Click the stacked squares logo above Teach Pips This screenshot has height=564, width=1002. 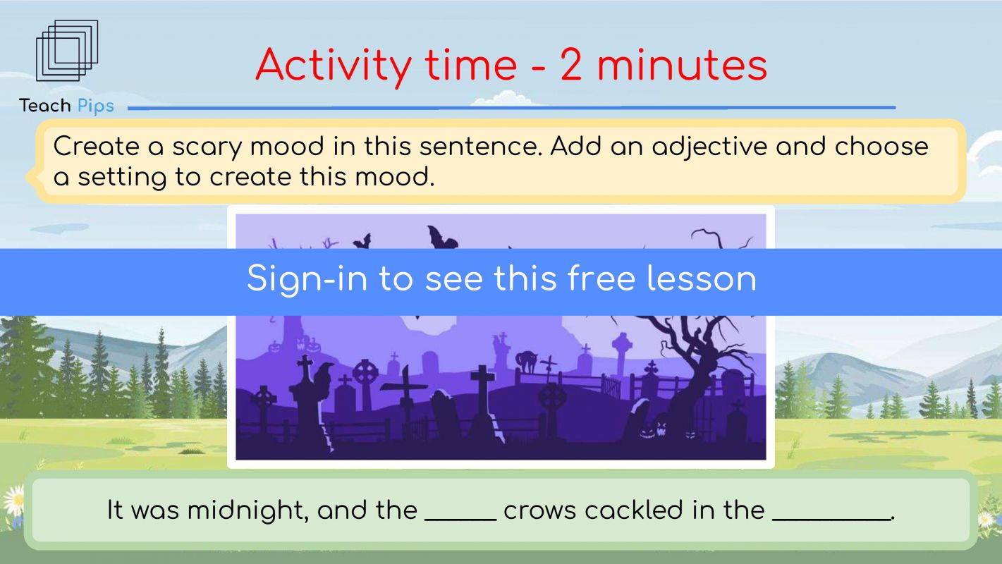tap(67, 51)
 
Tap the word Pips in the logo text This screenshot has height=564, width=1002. tap(96, 106)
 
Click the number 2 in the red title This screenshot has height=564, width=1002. tap(571, 66)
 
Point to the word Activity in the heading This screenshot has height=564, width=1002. tap(334, 66)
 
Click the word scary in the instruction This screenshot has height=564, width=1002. tap(207, 147)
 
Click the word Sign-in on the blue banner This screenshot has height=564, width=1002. tap(307, 279)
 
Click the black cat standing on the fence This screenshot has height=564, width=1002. tap(527, 362)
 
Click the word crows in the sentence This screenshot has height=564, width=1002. tap(540, 511)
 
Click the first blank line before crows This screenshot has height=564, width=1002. tap(460, 520)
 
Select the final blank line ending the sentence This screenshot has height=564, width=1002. tap(831, 520)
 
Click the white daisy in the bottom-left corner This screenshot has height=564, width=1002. tap(13, 500)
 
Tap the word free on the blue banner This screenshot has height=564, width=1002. tap(601, 278)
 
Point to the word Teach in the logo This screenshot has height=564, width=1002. tap(44, 106)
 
